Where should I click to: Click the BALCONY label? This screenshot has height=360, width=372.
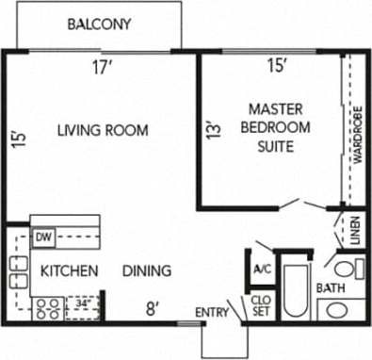coord(98,25)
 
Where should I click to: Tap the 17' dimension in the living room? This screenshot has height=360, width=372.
coord(103,66)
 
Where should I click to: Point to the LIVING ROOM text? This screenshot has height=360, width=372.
coord(102,130)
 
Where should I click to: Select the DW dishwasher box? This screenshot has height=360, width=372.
coord(42,237)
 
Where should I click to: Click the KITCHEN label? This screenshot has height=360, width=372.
coord(69,270)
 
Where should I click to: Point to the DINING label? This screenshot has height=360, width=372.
coord(147,270)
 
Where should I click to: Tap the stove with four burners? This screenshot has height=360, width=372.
coord(48,305)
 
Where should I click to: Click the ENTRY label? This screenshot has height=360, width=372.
coord(212,312)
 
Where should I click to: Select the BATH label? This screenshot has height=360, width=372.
coord(332,288)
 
